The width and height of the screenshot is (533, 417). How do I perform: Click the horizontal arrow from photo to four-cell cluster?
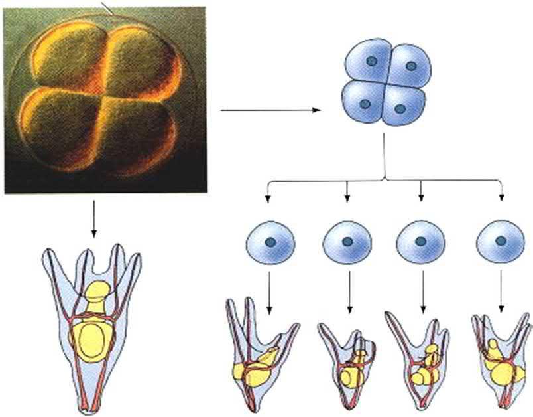click(268, 110)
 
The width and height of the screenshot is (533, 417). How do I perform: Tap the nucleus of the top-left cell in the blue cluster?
click(373, 62)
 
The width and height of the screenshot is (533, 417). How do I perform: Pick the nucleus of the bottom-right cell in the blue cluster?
click(400, 108)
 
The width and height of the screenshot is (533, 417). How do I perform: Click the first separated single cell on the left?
click(270, 242)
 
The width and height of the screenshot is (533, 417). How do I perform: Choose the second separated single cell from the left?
click(346, 242)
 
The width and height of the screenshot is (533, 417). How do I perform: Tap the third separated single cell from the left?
click(420, 242)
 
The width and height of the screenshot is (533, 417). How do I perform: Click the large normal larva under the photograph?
click(92, 325)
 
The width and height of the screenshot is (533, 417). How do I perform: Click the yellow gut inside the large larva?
click(92, 332)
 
